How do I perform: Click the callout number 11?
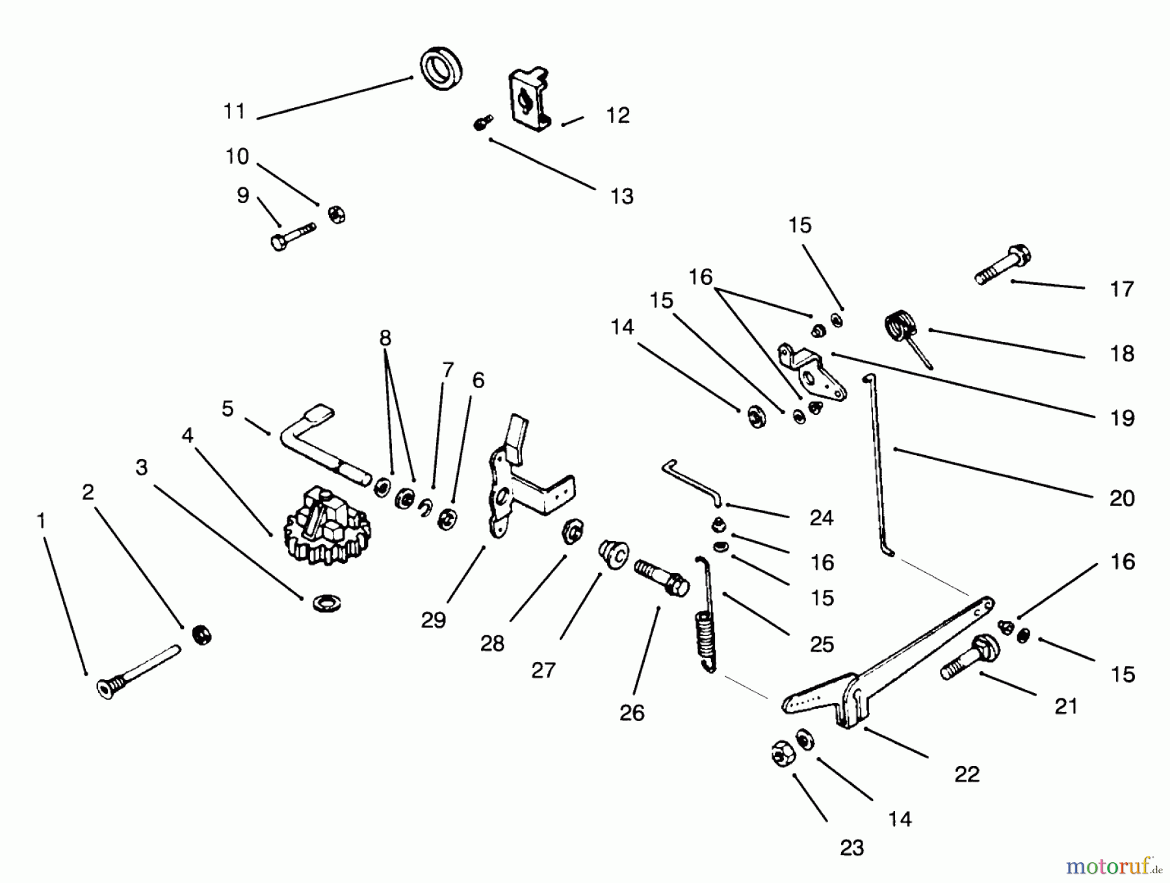pos(234,111)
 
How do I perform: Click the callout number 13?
pos(621,196)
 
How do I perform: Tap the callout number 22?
pos(967,774)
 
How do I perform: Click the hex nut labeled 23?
pos(779,754)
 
